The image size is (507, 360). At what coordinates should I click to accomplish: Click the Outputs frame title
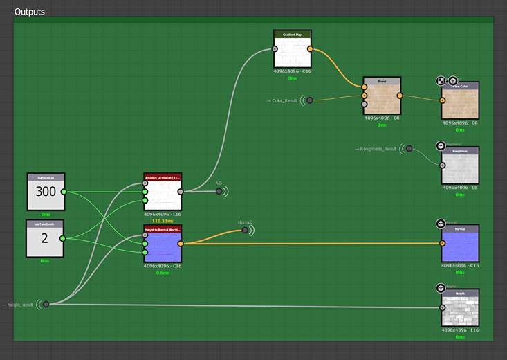tap(30, 12)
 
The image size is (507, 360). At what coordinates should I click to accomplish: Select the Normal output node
tap(460, 244)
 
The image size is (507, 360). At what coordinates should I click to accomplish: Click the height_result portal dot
tap(46, 304)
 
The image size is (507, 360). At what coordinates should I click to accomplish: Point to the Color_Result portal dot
tap(310, 100)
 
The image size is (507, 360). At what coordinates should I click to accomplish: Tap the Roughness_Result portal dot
tap(409, 149)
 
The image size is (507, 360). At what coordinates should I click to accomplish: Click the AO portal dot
tap(219, 192)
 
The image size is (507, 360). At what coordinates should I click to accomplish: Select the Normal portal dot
tap(244, 231)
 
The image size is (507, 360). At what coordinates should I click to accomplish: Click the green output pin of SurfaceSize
tap(64, 192)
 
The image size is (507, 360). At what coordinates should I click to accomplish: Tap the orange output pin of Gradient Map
tap(310, 49)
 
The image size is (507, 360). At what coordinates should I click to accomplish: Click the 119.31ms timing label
tap(163, 221)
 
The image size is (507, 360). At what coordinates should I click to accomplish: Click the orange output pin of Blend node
tap(400, 96)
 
